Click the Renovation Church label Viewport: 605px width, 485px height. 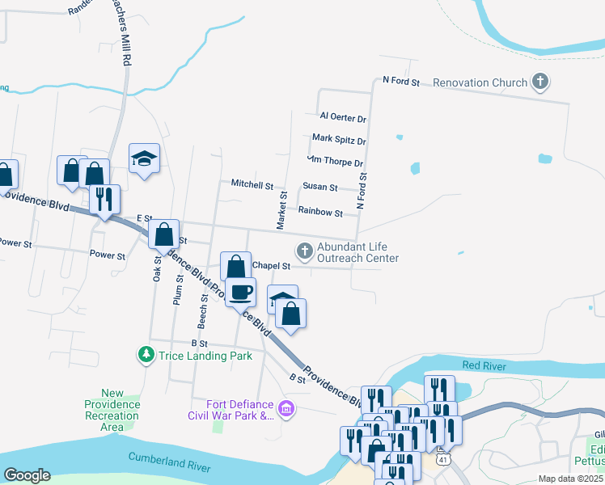click(479, 82)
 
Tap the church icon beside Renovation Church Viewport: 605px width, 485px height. click(540, 82)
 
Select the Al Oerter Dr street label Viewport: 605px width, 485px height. click(343, 118)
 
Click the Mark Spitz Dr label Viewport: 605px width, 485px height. click(339, 140)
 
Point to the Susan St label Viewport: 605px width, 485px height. click(319, 187)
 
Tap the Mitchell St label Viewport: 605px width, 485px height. click(252, 184)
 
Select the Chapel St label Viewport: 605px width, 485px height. click(271, 266)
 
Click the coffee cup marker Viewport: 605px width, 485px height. click(240, 292)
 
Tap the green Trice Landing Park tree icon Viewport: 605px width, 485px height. click(146, 354)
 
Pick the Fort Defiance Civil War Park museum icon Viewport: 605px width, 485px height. click(287, 411)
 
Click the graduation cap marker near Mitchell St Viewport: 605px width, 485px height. click(145, 158)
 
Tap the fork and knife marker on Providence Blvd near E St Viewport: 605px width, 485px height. click(104, 199)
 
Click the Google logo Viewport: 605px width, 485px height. click(27, 475)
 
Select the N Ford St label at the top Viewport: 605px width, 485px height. click(401, 82)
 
